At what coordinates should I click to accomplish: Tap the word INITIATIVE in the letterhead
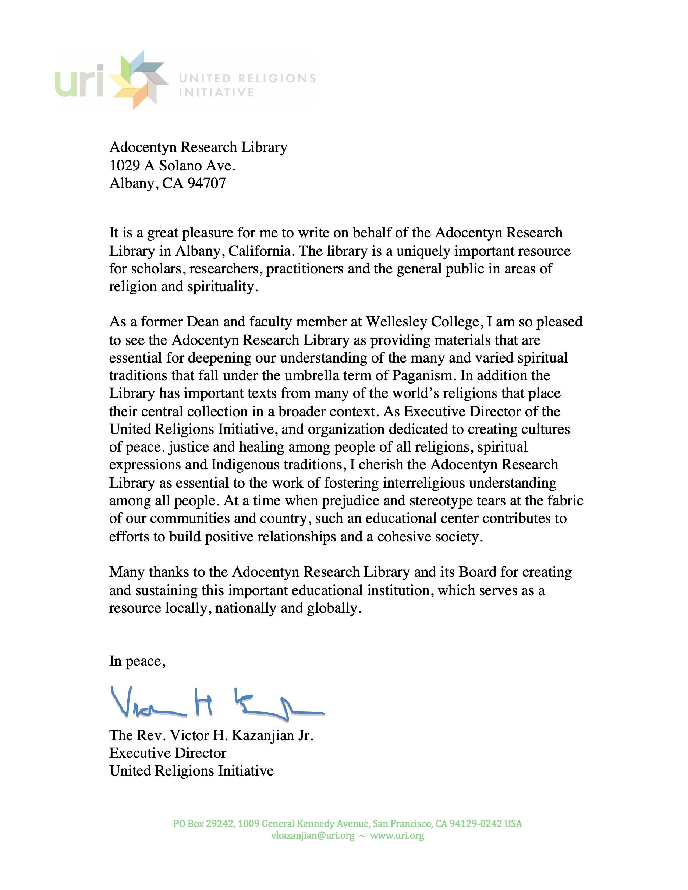point(216,92)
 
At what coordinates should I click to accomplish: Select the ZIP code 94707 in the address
point(206,183)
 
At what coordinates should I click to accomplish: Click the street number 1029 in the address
point(125,166)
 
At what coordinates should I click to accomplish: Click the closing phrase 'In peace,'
point(137,661)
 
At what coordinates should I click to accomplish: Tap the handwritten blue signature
point(216,703)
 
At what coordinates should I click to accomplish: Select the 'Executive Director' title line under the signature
point(167,753)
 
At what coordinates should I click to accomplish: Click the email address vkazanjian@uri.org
point(312,836)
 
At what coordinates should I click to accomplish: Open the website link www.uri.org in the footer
point(397,836)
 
